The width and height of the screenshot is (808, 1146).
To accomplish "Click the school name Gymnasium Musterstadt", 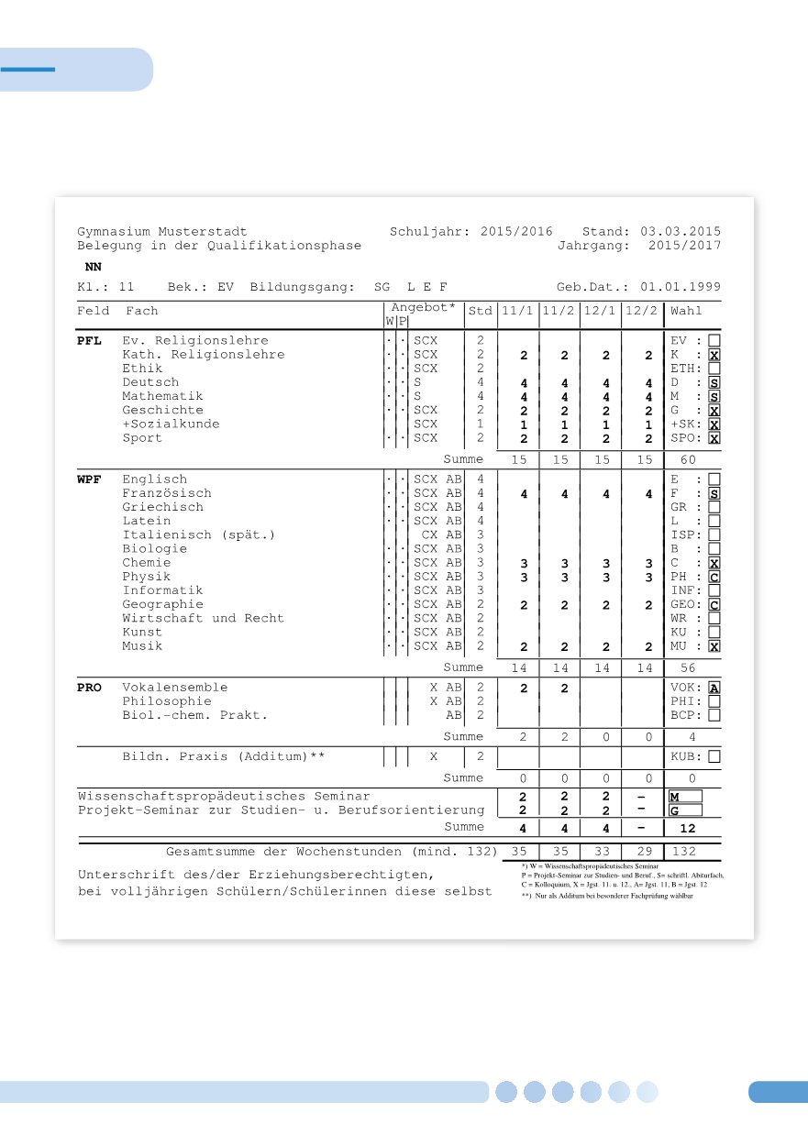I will click(161, 232).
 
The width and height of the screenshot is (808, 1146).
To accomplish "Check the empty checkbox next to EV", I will click(714, 341).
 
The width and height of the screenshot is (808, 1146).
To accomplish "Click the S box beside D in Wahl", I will click(714, 382).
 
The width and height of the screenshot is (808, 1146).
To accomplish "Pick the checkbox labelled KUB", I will click(714, 757).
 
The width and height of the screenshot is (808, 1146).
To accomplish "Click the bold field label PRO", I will click(89, 688).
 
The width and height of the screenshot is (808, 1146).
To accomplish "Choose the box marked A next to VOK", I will click(714, 688).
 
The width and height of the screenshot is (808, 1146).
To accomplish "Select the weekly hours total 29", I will click(645, 852).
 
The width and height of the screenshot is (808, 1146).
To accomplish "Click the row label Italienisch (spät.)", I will click(199, 534).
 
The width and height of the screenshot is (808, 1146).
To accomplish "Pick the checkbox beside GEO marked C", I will click(714, 605).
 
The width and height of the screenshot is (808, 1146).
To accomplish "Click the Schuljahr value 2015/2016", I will click(516, 232).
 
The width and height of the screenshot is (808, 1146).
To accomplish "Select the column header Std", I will click(481, 311).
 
